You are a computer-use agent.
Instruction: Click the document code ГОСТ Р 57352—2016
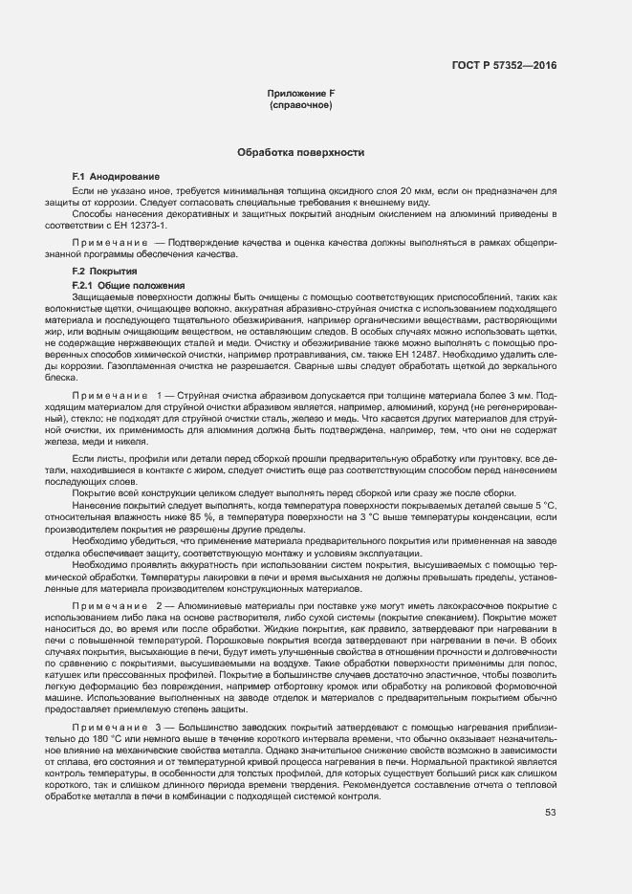503,65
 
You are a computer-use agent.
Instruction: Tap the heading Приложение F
301,93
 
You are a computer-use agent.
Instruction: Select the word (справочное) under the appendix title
301,104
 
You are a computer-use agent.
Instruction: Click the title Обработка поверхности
301,152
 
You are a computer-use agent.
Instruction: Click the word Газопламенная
134,365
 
